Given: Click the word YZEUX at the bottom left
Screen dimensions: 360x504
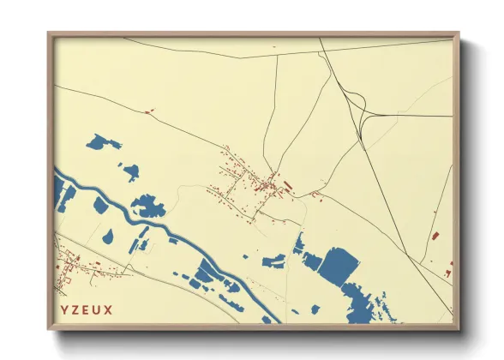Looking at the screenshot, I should click(86, 307).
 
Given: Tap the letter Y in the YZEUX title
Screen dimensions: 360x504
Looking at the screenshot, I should click(63, 307).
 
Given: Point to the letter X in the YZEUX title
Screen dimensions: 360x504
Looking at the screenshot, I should click(108, 307).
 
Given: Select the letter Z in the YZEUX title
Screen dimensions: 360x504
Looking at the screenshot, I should click(75, 307).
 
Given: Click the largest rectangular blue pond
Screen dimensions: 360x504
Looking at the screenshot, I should click(340, 264).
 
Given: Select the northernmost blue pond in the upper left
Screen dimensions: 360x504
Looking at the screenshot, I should click(104, 142).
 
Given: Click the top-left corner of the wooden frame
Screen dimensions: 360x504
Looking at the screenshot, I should click(50, 35).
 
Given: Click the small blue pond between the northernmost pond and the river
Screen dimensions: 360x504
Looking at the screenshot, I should click(131, 171).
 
